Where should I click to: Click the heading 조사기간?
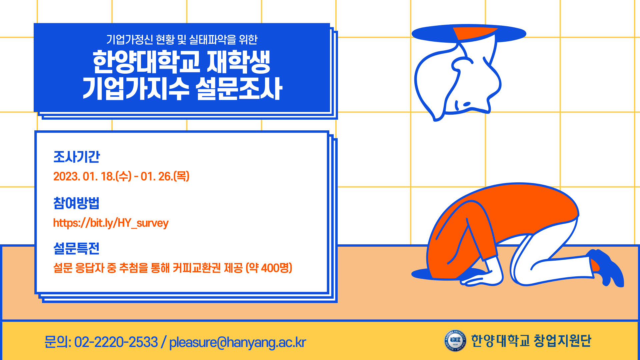[77, 157]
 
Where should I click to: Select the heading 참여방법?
[76, 203]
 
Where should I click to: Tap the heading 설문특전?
[76, 248]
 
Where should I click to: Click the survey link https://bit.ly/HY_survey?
[111, 223]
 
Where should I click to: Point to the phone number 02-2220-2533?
[116, 342]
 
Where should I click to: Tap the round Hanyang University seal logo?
[455, 340]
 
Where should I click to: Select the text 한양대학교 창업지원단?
[531, 341]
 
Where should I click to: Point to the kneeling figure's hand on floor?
[480, 279]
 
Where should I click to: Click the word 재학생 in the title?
[239, 62]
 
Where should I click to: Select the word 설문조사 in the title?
[239, 89]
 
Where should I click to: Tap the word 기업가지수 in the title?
[136, 89]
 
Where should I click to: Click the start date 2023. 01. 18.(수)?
[92, 176]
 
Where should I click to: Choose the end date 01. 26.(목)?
[165, 176]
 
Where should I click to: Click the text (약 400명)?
[269, 268]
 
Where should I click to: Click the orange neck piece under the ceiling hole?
[473, 33]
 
